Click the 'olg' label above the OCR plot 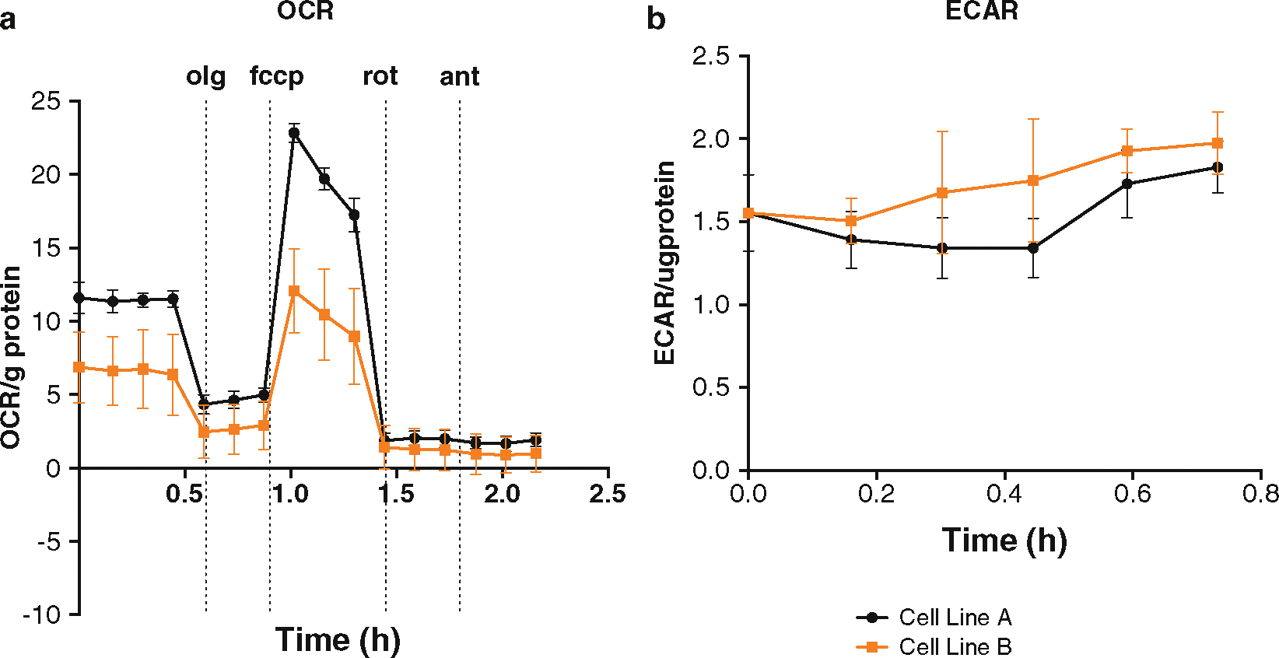[x=206, y=77]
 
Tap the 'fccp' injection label [x=276, y=77]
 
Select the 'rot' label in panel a [x=380, y=76]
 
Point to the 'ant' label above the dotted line [x=459, y=77]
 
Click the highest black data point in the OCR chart [x=294, y=133]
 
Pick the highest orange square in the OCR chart [x=294, y=291]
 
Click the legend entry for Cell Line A [x=934, y=618]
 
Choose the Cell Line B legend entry [x=934, y=646]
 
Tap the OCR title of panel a [x=305, y=11]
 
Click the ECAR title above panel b [x=981, y=11]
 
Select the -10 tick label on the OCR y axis [x=42, y=614]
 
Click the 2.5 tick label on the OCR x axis [x=607, y=494]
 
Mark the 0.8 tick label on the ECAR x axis [x=1260, y=494]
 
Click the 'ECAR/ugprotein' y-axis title [x=665, y=263]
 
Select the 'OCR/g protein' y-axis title [x=11, y=358]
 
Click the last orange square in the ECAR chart [x=1218, y=143]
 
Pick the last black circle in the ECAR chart [x=1218, y=167]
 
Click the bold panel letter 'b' [x=656, y=19]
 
